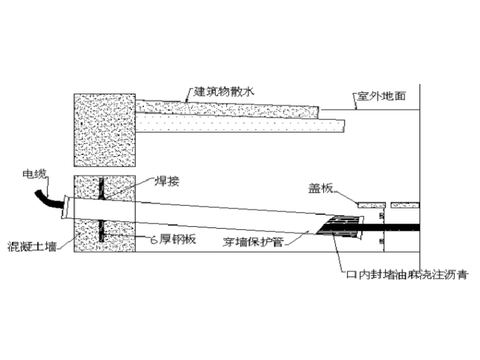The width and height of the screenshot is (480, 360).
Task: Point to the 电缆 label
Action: coord(35,172)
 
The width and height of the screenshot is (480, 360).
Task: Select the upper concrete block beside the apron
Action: coord(105,129)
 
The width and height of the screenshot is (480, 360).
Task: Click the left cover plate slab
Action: coord(371,205)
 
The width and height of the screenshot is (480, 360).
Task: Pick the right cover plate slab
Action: coord(405,205)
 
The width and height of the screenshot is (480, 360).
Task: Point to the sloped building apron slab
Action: coord(227,108)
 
